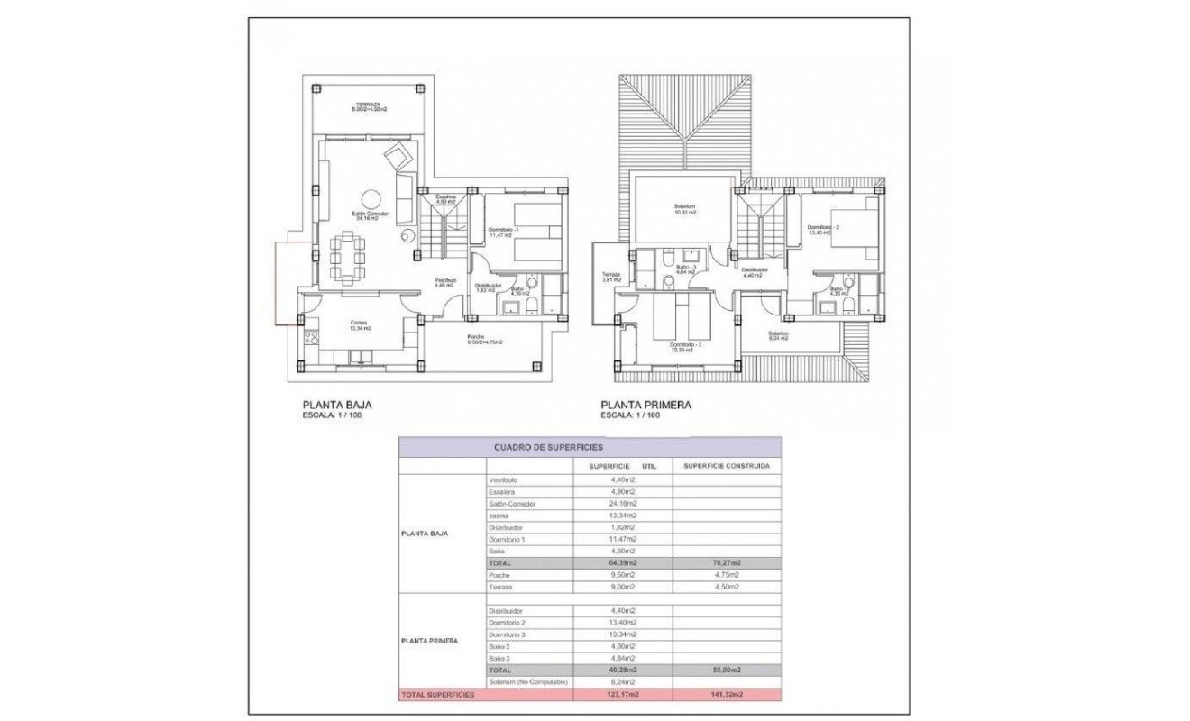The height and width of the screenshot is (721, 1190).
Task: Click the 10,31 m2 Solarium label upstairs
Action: click(684, 209)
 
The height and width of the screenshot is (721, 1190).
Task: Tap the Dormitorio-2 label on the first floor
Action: click(823, 229)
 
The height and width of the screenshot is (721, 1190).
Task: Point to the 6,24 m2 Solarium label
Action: click(778, 335)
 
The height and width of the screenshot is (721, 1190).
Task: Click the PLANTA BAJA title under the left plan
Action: click(337, 406)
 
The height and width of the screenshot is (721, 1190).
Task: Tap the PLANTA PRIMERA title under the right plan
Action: click(646, 406)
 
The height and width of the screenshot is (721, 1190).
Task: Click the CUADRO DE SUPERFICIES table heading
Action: click(548, 446)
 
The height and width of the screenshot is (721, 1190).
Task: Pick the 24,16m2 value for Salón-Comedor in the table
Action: click(622, 504)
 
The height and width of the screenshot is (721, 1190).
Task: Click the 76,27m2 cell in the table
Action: click(727, 562)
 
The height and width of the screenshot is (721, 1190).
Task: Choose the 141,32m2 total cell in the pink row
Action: click(727, 695)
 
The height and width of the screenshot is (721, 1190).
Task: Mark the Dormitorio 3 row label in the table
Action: click(507, 634)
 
